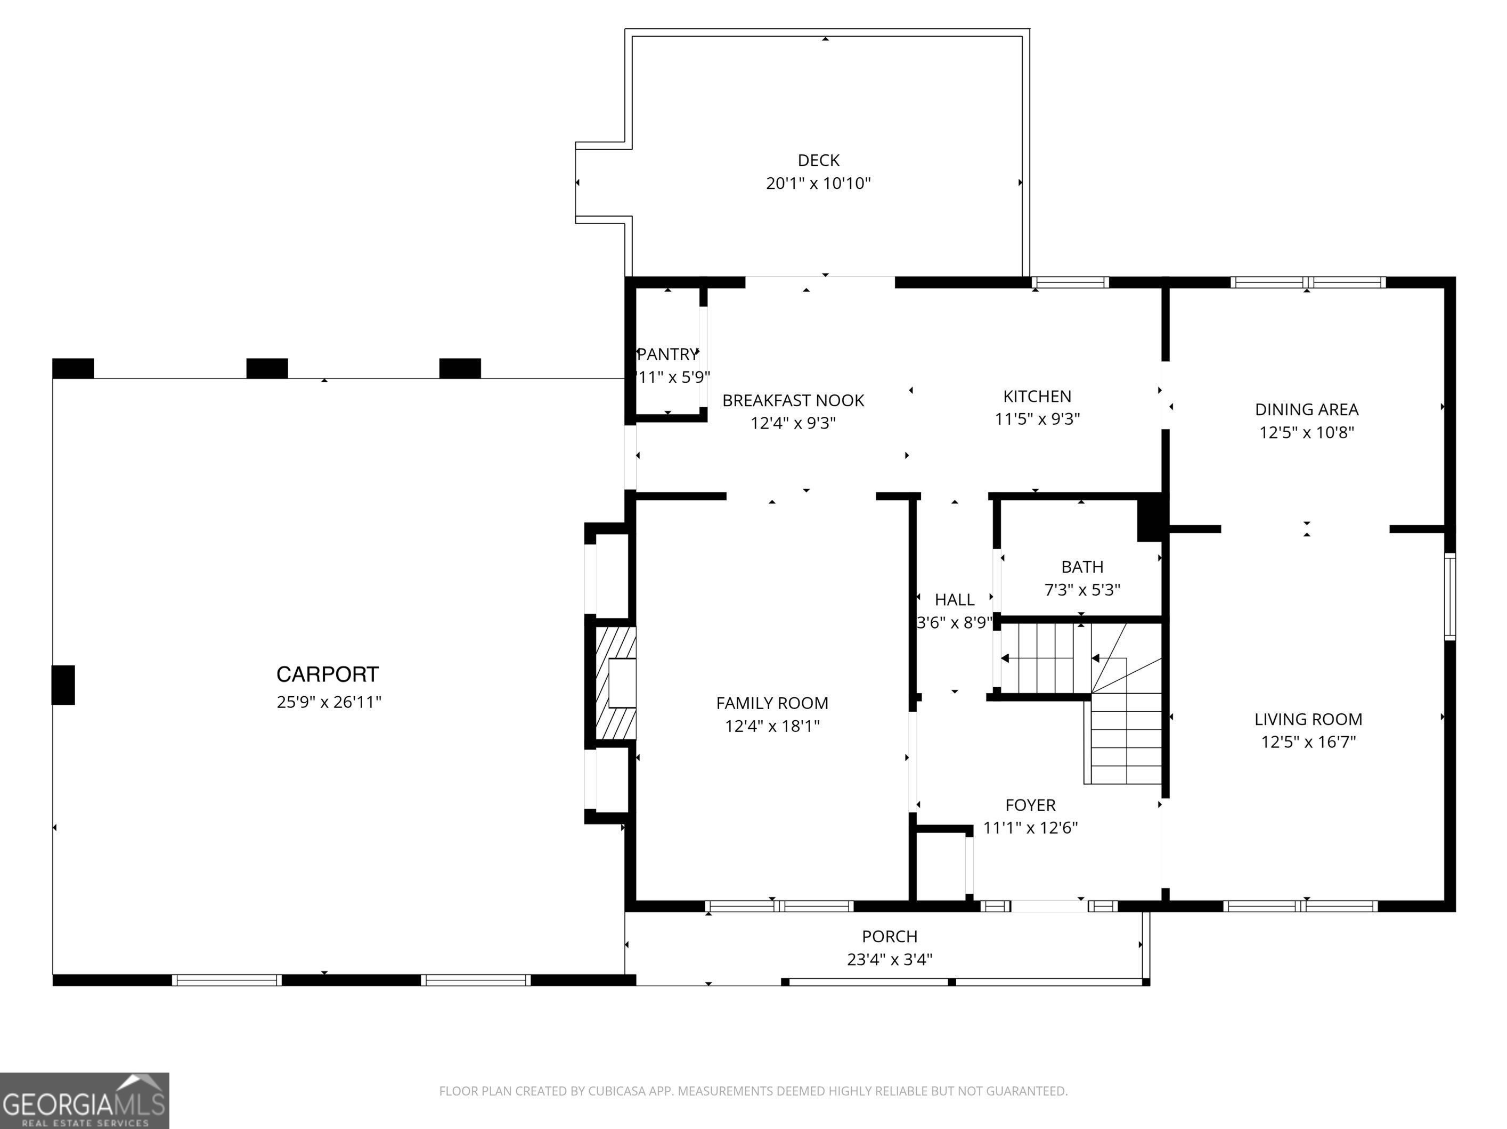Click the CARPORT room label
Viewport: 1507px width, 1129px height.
tap(327, 674)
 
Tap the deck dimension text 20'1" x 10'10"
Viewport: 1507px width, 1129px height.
tap(818, 183)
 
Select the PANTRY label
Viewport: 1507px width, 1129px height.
tap(667, 354)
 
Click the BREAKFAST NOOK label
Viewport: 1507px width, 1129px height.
tap(793, 400)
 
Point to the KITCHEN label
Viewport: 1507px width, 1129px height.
tap(1037, 397)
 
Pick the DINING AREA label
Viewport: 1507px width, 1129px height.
tap(1306, 409)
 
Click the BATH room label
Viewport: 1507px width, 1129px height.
tap(1082, 566)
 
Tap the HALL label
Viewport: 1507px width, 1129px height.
tap(955, 599)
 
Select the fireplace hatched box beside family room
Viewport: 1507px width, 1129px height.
tap(615, 682)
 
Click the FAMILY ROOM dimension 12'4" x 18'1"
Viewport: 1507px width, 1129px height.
tap(772, 726)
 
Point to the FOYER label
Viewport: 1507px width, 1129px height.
tap(1030, 805)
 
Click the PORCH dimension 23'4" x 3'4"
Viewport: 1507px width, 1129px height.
tap(889, 959)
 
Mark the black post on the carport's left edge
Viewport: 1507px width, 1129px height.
tap(63, 685)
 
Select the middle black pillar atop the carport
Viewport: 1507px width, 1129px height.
tap(266, 368)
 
